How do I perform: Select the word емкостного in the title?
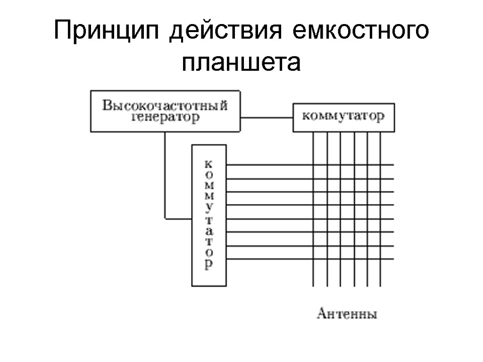361,32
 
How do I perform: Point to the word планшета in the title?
241,62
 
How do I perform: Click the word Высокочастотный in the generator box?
165,105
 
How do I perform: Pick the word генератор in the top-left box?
165,117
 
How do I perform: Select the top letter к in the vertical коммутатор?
209,164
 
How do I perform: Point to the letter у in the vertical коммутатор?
209,207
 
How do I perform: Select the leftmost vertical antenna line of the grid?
313,273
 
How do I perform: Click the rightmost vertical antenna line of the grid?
380,273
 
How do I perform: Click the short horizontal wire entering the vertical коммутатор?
178,218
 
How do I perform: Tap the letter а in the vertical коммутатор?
209,231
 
